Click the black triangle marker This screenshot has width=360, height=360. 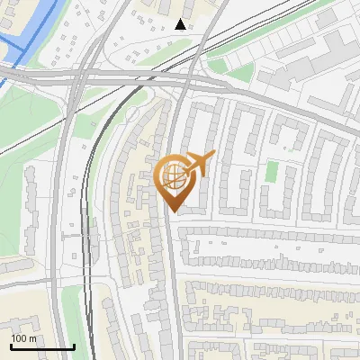coord(181,24)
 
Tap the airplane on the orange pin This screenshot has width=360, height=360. coord(197,163)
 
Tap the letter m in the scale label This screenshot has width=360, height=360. coord(33,338)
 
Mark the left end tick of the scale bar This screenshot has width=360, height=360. coord(11,346)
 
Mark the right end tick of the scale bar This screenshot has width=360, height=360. coord(74,346)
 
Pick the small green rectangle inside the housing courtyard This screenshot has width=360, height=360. coord(272,170)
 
